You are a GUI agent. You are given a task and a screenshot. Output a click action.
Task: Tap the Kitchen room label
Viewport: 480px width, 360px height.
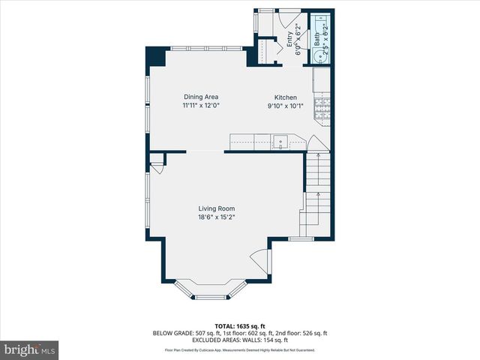click(x=285, y=97)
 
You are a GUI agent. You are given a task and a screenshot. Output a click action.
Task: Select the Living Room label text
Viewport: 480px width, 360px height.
click(x=217, y=208)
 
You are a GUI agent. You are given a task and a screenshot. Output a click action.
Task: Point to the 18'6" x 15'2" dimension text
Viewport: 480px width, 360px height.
click(x=217, y=217)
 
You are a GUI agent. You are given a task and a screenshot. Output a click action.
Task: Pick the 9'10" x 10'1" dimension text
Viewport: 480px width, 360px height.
click(x=285, y=106)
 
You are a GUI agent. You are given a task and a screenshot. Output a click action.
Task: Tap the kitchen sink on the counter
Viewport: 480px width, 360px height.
click(x=280, y=141)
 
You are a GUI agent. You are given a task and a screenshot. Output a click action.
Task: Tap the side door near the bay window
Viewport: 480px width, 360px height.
click(x=260, y=262)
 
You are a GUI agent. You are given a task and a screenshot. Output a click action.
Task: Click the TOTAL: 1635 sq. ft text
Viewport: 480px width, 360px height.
click(x=239, y=326)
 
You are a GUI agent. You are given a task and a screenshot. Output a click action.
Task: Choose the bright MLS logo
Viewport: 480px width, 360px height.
click(x=30, y=350)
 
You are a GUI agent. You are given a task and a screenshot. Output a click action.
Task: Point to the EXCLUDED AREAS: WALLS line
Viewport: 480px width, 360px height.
click(x=240, y=340)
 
